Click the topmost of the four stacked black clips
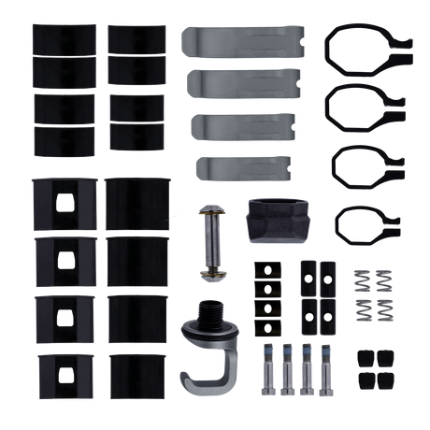click(x=268, y=270)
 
